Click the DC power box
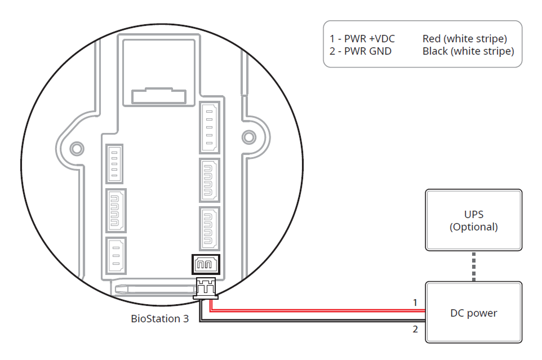click(x=473, y=313)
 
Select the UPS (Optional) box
click(x=473, y=220)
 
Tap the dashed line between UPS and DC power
click(x=474, y=266)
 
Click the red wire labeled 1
click(x=316, y=309)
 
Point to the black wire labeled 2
click(x=316, y=321)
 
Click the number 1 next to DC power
click(x=415, y=303)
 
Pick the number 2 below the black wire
click(x=415, y=329)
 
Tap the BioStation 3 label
click(x=160, y=318)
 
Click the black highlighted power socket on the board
click(x=206, y=264)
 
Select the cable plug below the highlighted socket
click(x=205, y=287)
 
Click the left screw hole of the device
click(x=76, y=148)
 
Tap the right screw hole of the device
click(x=248, y=137)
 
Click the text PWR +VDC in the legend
click(x=371, y=39)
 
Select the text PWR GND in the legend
click(x=368, y=51)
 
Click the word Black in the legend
click(x=435, y=51)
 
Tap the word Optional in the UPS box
click(x=474, y=227)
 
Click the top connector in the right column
click(x=210, y=127)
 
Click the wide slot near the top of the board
click(x=158, y=96)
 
